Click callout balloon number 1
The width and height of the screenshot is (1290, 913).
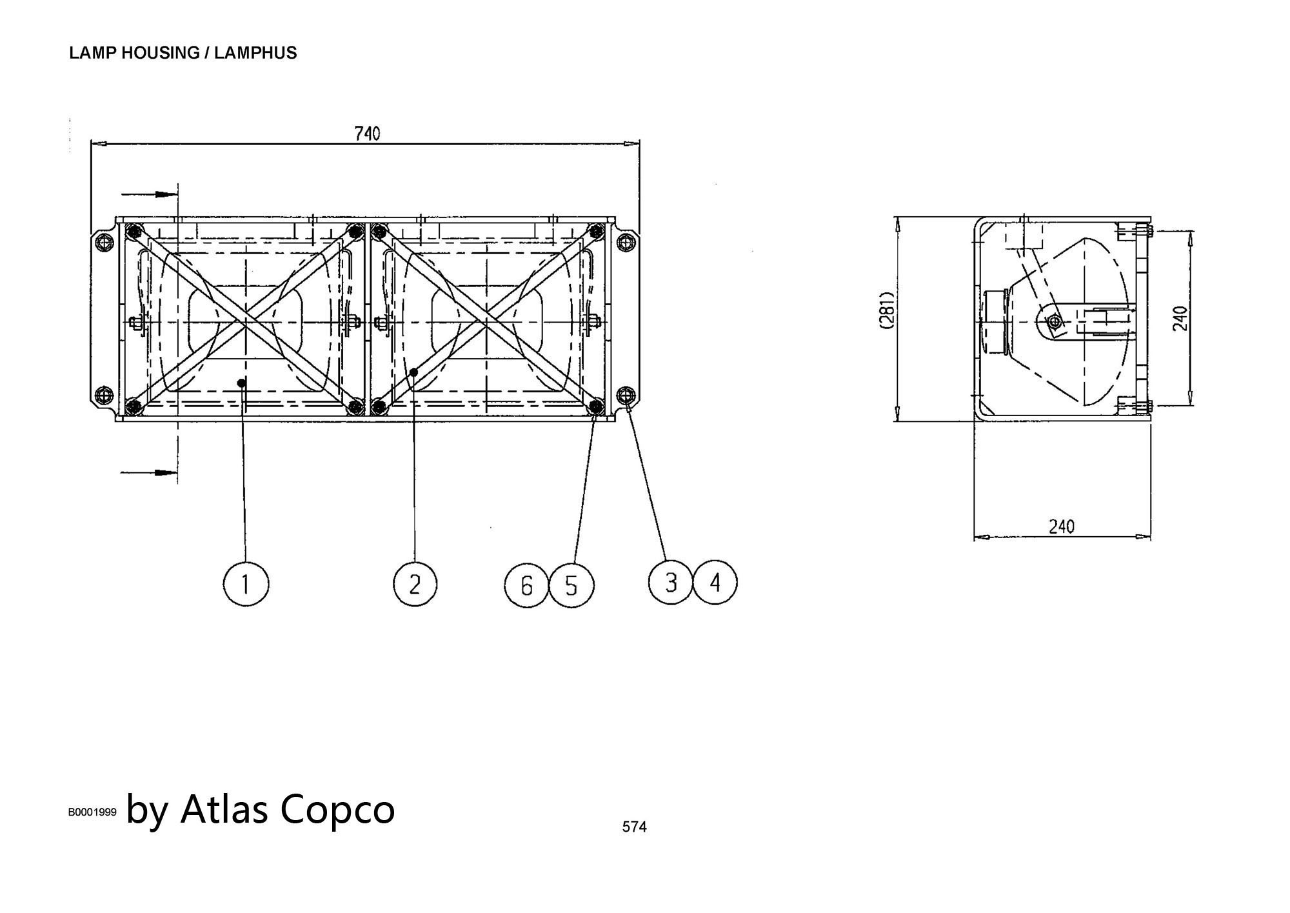(x=245, y=584)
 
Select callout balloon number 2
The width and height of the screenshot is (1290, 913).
(x=415, y=585)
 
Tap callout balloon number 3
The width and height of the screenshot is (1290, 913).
(x=671, y=583)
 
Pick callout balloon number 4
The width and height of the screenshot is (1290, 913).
(x=715, y=583)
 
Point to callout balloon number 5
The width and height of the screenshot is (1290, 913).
(x=571, y=585)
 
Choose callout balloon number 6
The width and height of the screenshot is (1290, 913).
(x=526, y=585)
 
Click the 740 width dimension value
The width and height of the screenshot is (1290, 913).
(x=368, y=134)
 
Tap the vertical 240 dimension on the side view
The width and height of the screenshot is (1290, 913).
(x=1180, y=319)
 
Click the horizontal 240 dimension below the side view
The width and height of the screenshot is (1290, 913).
(x=1062, y=527)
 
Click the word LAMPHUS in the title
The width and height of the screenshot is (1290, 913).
(x=255, y=53)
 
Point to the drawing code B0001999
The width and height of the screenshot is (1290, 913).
(x=92, y=812)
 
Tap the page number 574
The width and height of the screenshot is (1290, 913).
(x=634, y=827)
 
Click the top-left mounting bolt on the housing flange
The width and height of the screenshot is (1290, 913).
(x=103, y=243)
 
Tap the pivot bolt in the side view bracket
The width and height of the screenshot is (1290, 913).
(x=1054, y=321)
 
